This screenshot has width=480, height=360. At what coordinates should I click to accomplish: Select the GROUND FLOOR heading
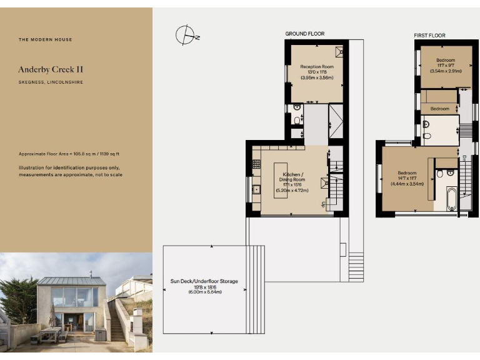(305, 34)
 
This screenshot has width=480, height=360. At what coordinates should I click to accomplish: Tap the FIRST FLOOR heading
(429, 36)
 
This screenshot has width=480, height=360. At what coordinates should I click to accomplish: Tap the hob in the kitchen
(256, 164)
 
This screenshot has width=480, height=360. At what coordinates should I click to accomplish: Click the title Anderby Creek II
(51, 69)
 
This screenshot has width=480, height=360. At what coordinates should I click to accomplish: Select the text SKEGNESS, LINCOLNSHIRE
(51, 82)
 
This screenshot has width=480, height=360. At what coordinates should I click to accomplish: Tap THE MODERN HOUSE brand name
(46, 39)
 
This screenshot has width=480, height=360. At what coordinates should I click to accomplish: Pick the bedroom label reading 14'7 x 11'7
(407, 178)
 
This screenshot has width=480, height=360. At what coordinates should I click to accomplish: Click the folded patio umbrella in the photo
(53, 316)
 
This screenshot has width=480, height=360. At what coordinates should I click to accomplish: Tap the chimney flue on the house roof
(91, 274)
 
